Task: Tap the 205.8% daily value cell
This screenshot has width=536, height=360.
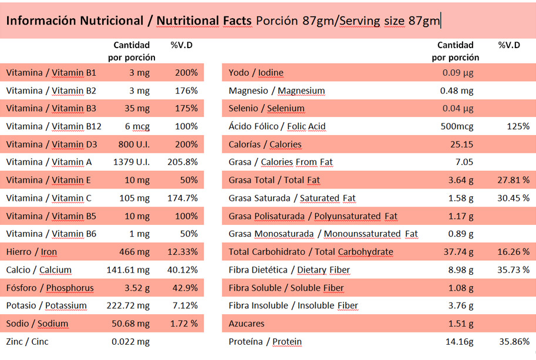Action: (183, 162)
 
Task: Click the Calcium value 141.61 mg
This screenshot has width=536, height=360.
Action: (128, 270)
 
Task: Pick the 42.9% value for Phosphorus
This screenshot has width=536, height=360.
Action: (186, 288)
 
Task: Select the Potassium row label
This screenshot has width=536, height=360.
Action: (46, 306)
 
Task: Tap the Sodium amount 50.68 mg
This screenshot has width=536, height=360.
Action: (130, 324)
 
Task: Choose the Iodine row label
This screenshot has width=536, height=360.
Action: (256, 73)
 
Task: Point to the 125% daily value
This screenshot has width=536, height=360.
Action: (518, 126)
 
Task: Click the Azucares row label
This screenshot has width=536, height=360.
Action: (247, 324)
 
